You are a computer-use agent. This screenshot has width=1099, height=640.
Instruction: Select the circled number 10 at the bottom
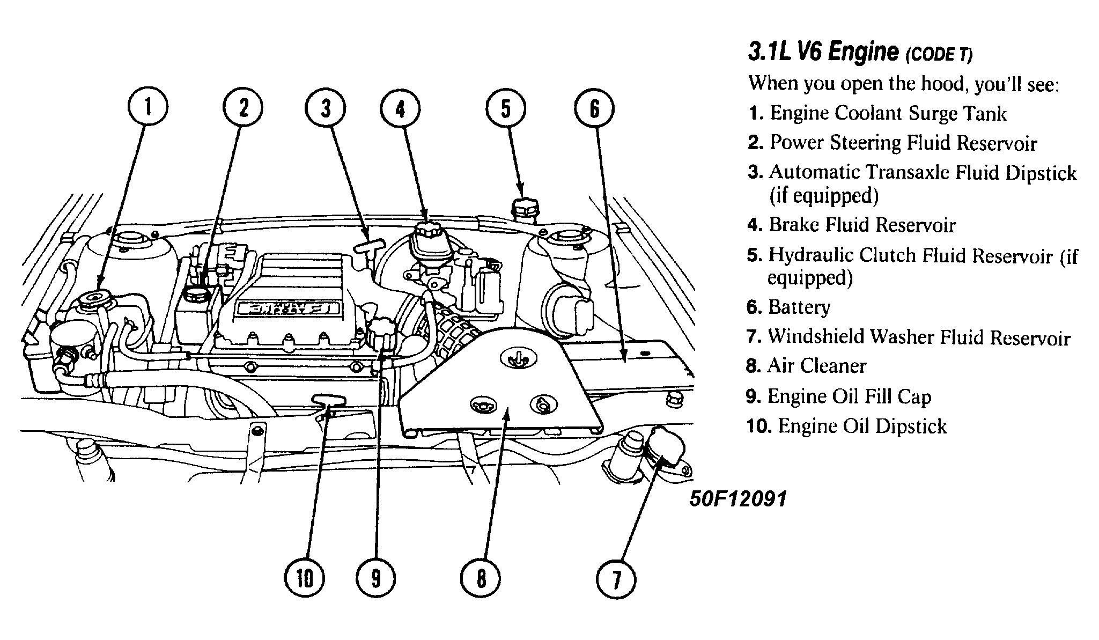point(304,578)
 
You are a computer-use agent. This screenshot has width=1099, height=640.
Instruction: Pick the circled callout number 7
point(616,579)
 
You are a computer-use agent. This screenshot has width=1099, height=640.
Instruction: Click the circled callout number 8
point(481,578)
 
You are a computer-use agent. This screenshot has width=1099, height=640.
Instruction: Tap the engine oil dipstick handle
point(329,399)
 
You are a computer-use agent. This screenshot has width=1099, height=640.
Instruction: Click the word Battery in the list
point(799,307)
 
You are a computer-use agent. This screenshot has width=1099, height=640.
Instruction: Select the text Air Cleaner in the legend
point(816,366)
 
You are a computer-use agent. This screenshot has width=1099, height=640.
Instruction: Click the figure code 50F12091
point(738,499)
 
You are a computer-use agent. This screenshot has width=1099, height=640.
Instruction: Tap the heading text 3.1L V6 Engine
point(823,53)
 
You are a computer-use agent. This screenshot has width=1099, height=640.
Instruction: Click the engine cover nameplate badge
point(288,308)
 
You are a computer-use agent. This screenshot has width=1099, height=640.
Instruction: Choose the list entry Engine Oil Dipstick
point(862,426)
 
